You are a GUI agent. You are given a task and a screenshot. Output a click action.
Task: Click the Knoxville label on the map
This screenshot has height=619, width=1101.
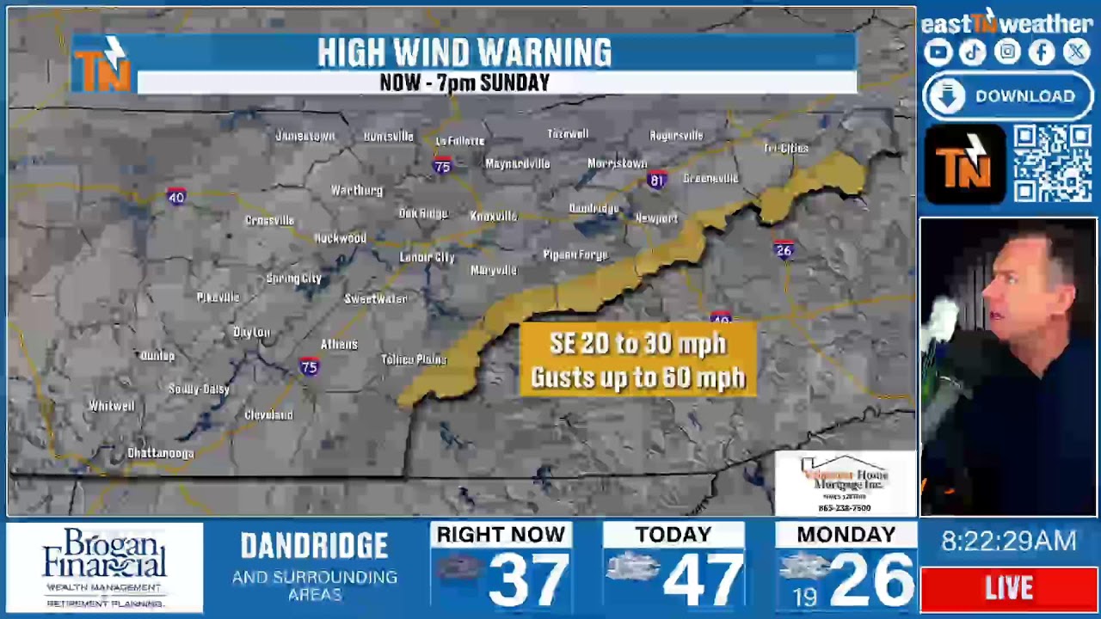[x=494, y=216]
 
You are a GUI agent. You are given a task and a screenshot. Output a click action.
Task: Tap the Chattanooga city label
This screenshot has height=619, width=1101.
[x=161, y=453]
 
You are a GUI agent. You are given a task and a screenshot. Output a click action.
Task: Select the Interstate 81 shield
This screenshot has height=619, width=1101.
[x=656, y=181]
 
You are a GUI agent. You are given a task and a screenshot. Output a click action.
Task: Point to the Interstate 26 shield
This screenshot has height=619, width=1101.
[x=783, y=250]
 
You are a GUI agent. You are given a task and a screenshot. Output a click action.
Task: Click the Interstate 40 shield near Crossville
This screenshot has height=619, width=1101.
[x=176, y=197]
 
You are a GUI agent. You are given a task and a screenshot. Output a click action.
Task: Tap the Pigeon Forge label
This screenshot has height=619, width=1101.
[x=575, y=254]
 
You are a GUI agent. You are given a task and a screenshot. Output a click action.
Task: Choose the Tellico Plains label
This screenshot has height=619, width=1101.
[x=414, y=359]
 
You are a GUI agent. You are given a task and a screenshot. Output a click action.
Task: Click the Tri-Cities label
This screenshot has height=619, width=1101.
[x=785, y=148]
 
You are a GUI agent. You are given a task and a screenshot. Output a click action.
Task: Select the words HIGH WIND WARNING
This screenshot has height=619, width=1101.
[x=464, y=53]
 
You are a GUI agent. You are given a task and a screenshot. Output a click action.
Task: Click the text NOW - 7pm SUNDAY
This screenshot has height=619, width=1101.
[x=464, y=83]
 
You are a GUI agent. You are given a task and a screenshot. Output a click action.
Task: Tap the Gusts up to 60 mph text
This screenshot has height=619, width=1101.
[x=638, y=377]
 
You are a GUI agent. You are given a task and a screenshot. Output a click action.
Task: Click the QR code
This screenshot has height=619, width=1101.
[x=1052, y=163]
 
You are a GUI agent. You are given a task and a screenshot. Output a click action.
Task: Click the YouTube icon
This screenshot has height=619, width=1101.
[x=938, y=52]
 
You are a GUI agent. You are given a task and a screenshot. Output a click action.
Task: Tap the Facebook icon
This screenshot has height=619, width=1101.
[x=1042, y=52]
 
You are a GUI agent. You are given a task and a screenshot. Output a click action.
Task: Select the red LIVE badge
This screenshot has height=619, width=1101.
[x=1009, y=589]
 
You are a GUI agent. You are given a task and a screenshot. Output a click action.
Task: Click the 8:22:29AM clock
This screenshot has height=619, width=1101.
[x=1009, y=541]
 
